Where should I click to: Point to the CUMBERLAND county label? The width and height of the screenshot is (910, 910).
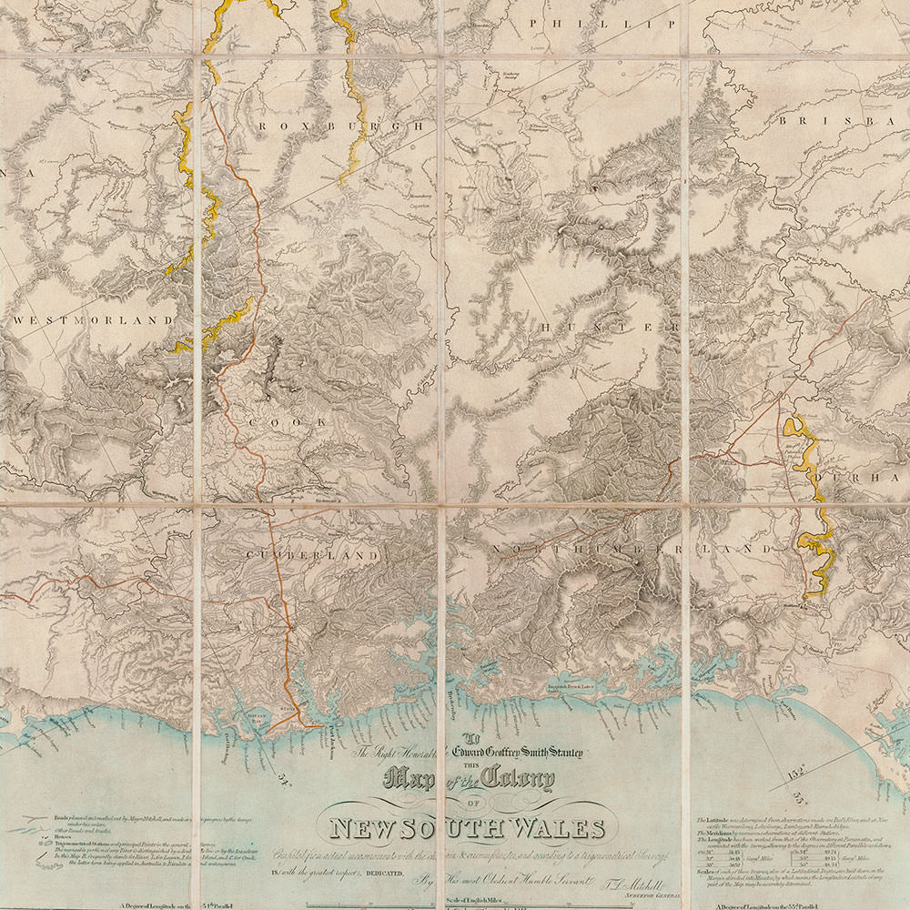pyautogui.click(x=309, y=554)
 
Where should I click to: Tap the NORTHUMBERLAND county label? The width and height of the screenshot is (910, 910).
pyautogui.click(x=631, y=550)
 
